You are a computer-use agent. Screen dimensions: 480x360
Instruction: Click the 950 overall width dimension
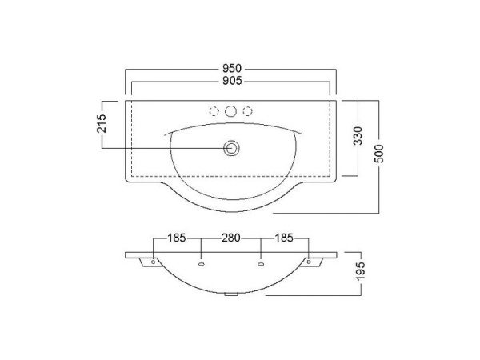point(232,68)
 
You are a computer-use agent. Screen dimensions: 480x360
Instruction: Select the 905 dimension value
point(232,81)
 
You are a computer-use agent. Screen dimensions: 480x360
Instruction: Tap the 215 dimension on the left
point(102,123)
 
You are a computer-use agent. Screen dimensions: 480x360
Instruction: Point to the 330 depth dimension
point(358,136)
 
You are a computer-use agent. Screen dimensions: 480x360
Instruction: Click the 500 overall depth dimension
point(379,154)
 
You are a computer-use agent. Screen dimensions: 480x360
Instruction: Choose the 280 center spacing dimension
point(231,238)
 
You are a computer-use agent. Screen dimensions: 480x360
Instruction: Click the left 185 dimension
point(177,238)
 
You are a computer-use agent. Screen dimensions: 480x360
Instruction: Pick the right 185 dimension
point(284,238)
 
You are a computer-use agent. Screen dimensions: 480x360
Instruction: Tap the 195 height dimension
point(361,270)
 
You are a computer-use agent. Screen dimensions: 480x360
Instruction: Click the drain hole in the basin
point(231,149)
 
